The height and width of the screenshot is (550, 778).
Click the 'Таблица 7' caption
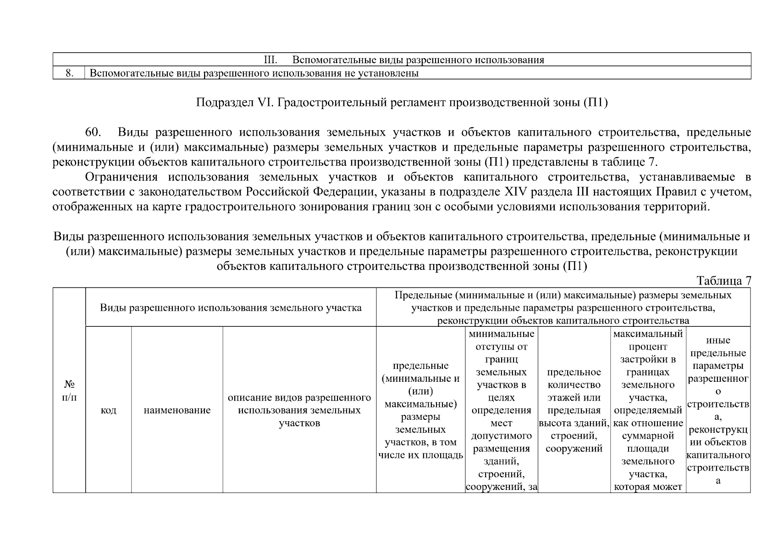coord(723,280)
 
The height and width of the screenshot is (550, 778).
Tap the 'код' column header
coord(108,410)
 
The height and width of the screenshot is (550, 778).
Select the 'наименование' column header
coord(177,410)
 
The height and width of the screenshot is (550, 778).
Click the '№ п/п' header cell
coord(69,390)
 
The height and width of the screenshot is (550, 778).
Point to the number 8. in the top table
coord(69,73)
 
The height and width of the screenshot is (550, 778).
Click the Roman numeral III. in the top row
coord(271,60)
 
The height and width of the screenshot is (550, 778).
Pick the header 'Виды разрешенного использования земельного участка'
coord(231,308)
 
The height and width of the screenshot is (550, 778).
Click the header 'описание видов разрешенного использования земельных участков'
coord(299,410)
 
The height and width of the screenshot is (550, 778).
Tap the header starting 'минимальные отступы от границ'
coord(502,410)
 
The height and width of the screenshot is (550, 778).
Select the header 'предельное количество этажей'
coord(574,410)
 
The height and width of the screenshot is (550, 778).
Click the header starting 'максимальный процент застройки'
coord(648,410)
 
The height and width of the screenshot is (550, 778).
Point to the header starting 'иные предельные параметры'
coord(718,410)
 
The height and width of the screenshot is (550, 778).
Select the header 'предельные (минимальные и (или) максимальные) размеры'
coord(420,410)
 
